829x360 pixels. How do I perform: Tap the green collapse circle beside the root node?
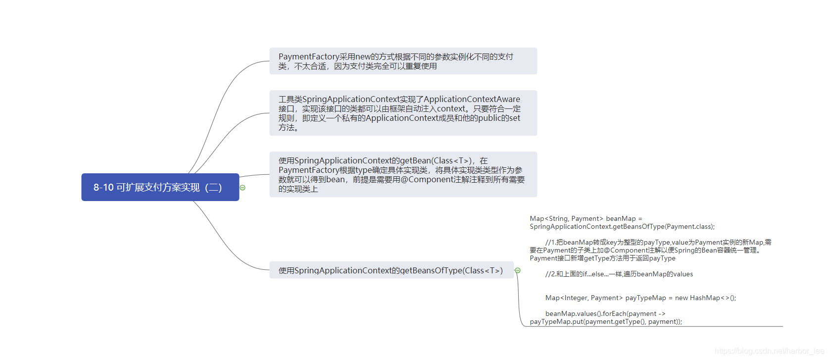243,188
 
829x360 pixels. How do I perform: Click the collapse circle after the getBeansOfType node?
518,270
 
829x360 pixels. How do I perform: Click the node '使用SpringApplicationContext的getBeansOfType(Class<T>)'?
391,270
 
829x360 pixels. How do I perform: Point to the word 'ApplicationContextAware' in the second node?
472,99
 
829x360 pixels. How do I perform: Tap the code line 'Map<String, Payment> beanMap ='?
585,218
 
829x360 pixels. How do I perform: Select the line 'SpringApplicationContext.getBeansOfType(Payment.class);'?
622,226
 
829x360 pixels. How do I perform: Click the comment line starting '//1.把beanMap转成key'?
658,242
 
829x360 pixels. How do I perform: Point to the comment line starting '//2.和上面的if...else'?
619,274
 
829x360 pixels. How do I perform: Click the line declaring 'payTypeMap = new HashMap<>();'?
640,298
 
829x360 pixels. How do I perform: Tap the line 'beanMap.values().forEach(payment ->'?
605,313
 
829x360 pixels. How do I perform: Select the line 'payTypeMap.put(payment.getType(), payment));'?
606,321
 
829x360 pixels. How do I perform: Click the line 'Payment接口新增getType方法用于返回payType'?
602,258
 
